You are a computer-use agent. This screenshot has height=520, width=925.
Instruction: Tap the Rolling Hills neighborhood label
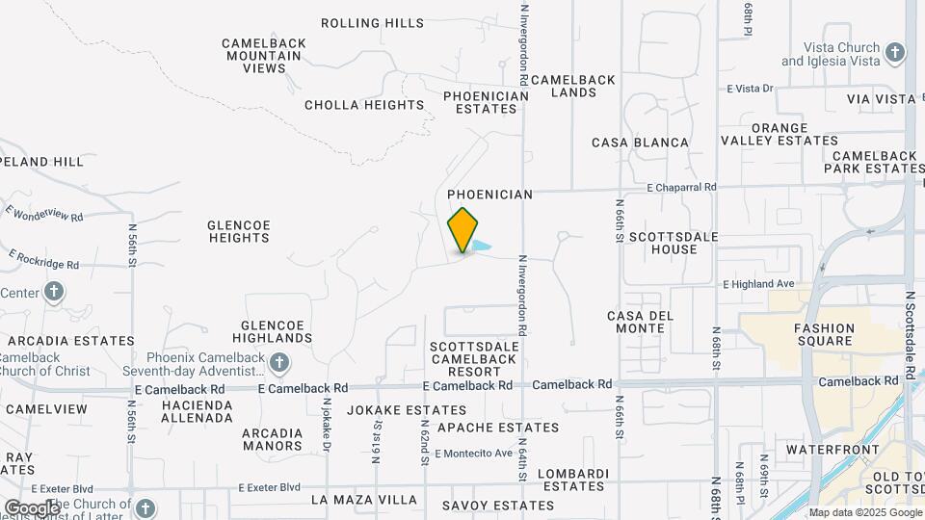click(372, 22)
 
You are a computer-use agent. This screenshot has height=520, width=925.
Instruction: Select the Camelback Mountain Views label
click(264, 56)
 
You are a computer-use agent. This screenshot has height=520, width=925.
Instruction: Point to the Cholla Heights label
click(364, 105)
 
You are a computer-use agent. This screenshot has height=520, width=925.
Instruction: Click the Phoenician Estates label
click(487, 102)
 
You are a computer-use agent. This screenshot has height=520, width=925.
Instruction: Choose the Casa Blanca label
click(640, 143)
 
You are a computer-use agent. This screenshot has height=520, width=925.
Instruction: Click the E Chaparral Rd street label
click(682, 187)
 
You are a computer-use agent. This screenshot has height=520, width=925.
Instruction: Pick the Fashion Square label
click(824, 334)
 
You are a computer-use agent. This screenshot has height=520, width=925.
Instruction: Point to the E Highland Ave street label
click(758, 284)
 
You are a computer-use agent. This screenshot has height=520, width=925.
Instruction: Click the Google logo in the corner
click(31, 507)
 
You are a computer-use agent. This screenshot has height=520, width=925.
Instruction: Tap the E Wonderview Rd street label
click(44, 213)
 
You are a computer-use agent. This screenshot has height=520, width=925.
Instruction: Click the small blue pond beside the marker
click(482, 247)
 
